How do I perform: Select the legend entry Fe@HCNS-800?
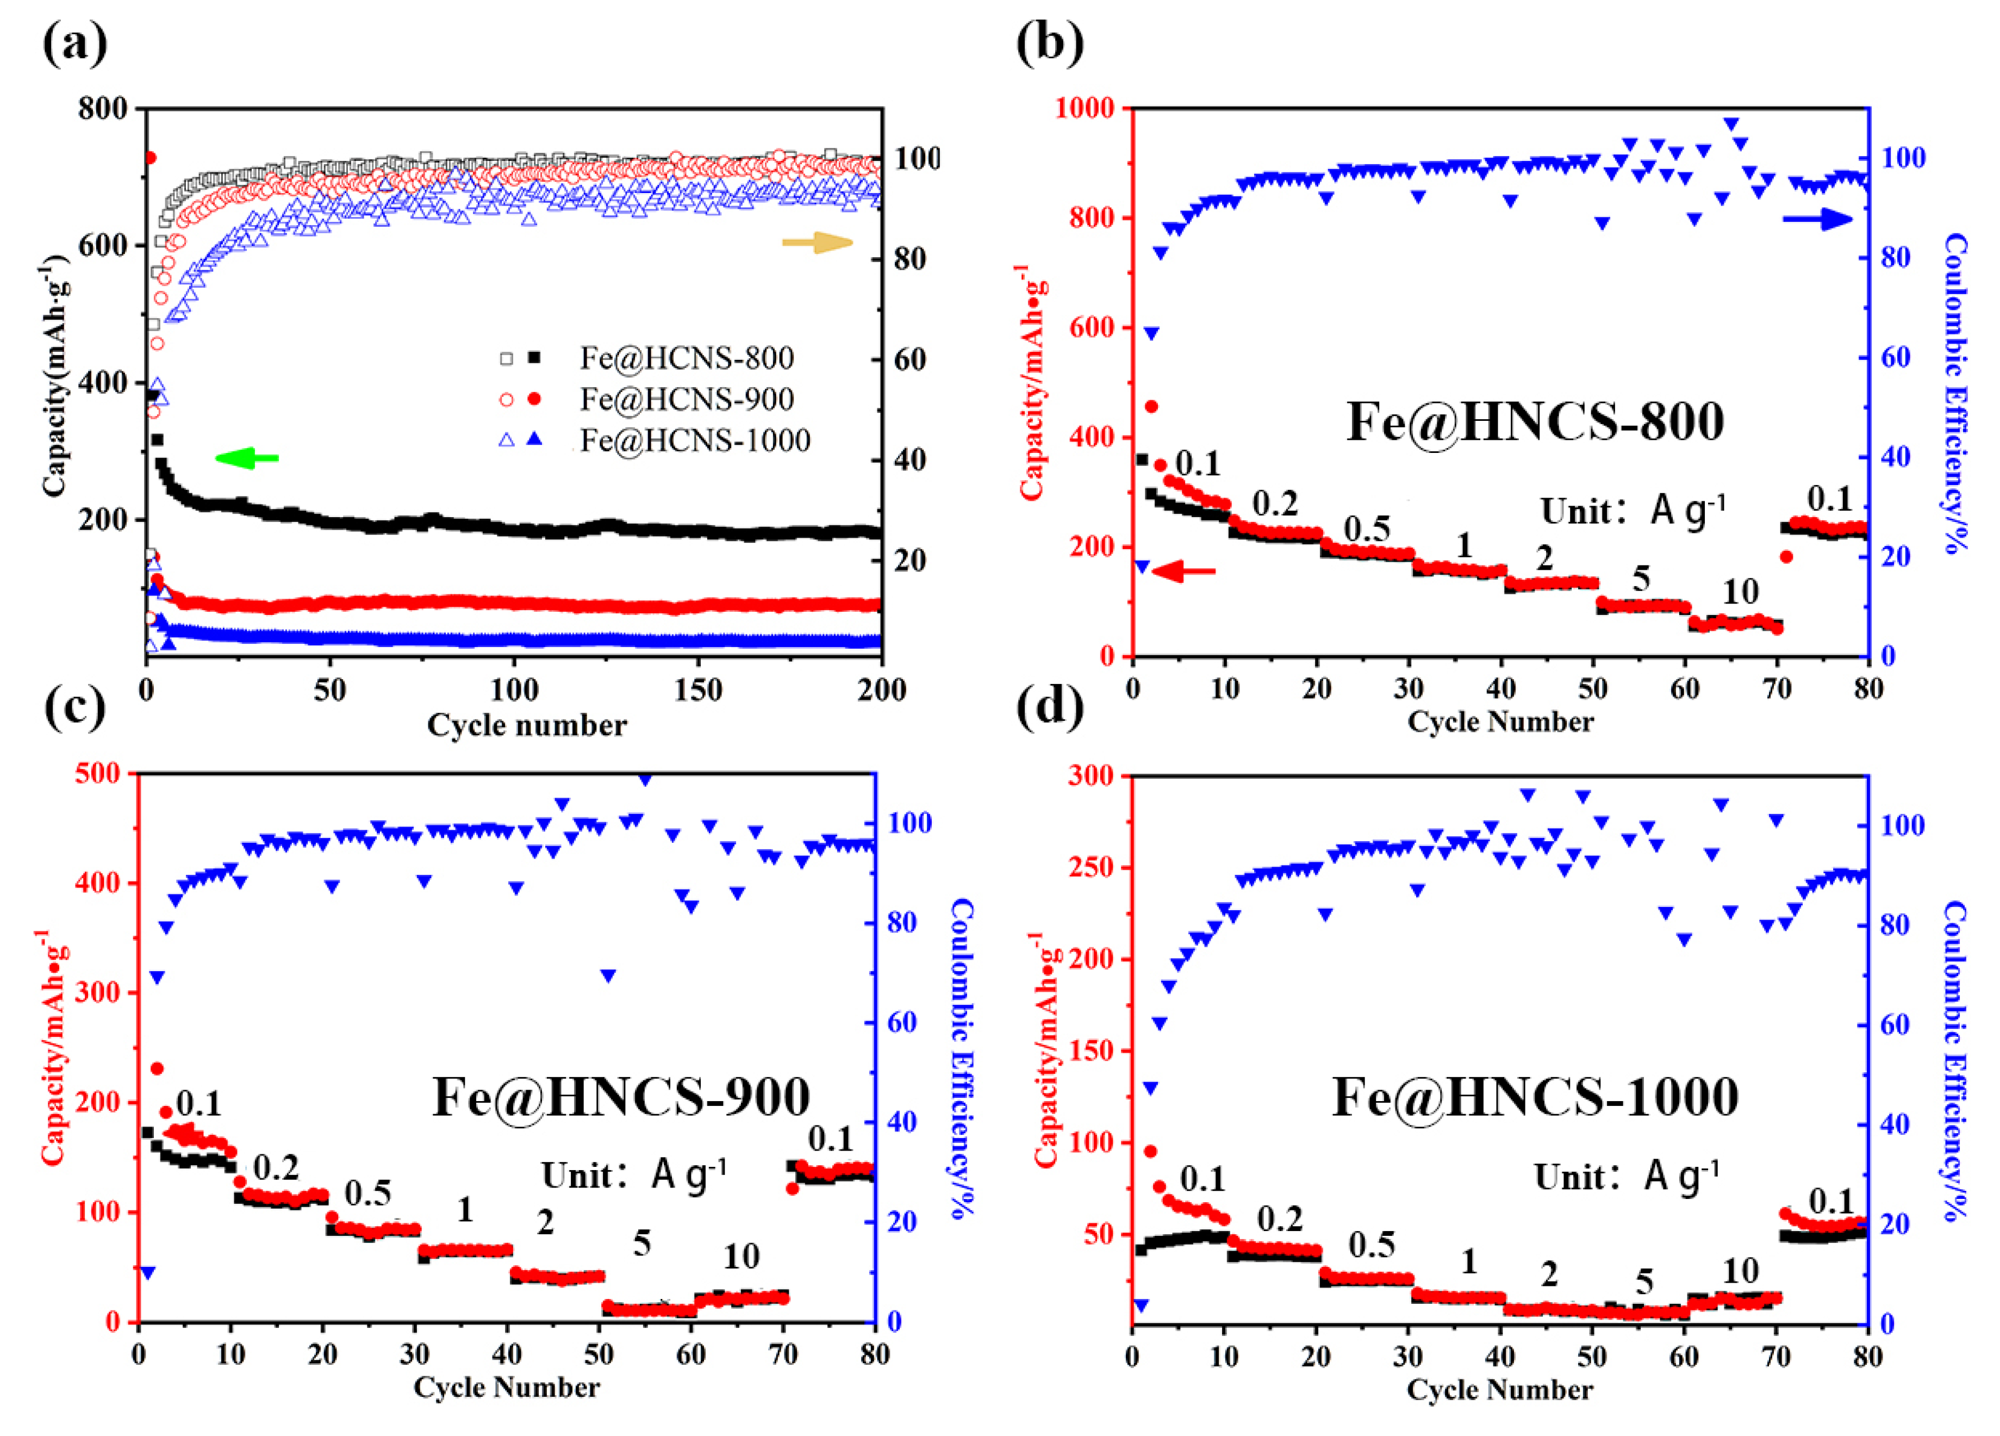coord(686,358)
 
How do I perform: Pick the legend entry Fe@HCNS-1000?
coord(695,440)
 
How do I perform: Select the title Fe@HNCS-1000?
coord(1535,1097)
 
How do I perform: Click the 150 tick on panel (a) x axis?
coord(697,690)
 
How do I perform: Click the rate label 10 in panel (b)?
coord(1740,592)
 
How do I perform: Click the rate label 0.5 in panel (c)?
coord(367,1193)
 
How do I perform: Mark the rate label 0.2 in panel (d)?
coord(1280,1219)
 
